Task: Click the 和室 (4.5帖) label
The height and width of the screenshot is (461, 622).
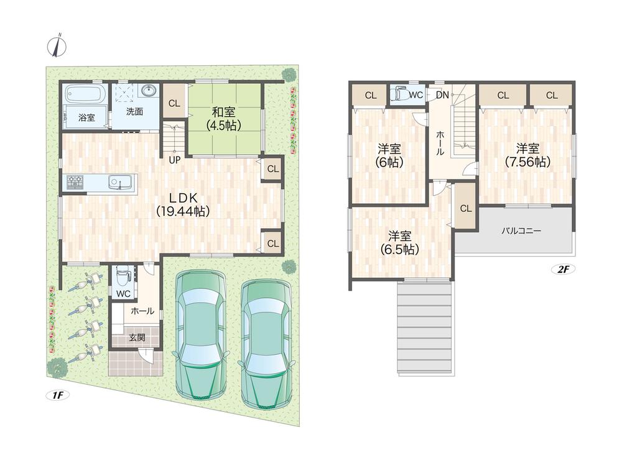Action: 223,118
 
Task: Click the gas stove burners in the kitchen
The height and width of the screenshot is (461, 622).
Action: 75,182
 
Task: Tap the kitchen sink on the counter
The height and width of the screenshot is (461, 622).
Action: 119,183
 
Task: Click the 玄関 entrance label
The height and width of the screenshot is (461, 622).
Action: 137,338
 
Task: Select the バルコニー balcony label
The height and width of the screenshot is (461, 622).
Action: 521,230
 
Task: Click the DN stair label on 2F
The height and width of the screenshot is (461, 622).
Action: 442,95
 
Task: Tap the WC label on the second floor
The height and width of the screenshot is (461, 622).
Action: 416,95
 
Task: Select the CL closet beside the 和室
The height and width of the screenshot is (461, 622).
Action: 175,104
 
